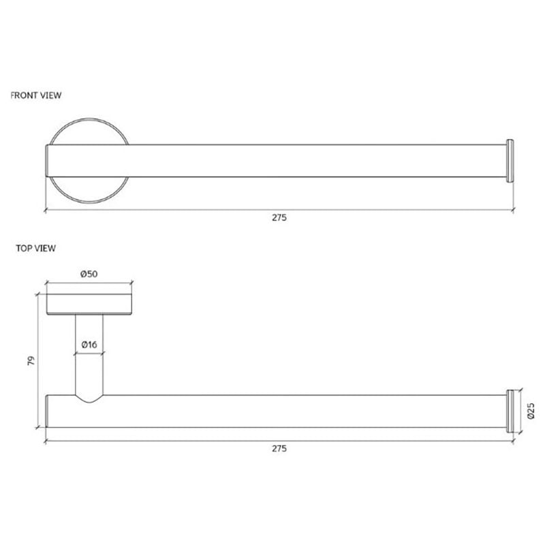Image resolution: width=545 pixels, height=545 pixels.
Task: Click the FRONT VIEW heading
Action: coord(36,95)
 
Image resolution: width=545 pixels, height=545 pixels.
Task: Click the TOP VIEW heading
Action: coord(36,248)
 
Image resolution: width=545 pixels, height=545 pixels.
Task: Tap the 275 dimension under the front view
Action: coord(279,217)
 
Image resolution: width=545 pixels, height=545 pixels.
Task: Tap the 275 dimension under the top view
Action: coord(279,448)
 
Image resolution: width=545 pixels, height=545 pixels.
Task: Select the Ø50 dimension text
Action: coord(89,274)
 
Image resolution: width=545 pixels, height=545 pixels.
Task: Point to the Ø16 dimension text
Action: coord(89,345)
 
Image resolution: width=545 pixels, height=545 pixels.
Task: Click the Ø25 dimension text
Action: coord(531,411)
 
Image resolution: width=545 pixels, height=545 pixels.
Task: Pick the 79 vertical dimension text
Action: coord(31,360)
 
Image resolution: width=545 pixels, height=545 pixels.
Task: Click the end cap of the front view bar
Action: coord(510,161)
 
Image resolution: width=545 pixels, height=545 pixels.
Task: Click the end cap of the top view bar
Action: coord(510,411)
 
